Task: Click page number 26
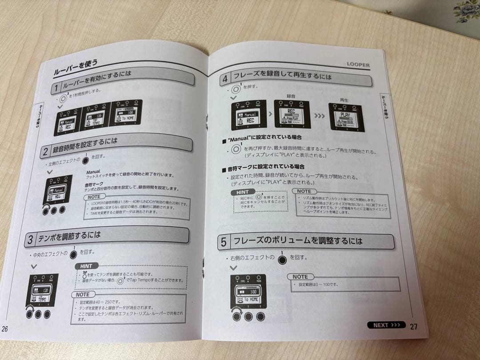tap(5, 329)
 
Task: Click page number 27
tap(414, 327)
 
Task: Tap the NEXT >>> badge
tap(386, 325)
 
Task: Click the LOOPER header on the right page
tap(358, 65)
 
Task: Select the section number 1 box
tap(56, 88)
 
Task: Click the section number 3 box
tap(31, 240)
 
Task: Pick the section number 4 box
tap(225, 78)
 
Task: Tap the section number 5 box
tap(224, 242)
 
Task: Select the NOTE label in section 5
tap(300, 276)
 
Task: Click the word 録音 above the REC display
tap(292, 96)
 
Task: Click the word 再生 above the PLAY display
tap(344, 100)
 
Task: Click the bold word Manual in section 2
tap(93, 171)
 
